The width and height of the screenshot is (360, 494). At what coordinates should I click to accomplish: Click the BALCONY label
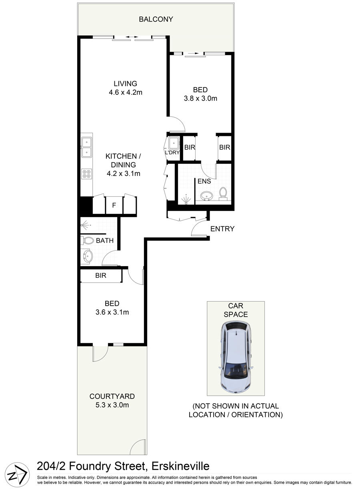156,20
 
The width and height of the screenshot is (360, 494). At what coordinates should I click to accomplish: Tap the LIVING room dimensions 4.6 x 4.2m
125,92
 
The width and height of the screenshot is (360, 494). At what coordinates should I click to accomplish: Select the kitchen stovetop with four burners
86,174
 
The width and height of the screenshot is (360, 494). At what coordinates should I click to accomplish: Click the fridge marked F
114,205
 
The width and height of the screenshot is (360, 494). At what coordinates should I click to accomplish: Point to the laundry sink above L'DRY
174,143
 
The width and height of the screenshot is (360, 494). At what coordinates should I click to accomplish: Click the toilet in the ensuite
223,193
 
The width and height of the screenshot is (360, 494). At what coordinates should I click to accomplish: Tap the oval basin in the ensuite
206,195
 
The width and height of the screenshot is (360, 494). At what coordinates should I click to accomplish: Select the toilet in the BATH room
88,240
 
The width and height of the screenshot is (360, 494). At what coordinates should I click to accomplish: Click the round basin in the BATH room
88,256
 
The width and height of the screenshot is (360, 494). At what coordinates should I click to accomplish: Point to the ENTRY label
222,229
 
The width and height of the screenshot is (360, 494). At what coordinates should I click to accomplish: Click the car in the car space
236,357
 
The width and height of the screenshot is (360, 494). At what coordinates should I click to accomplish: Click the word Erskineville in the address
180,466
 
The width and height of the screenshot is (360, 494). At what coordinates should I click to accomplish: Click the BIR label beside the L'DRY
190,147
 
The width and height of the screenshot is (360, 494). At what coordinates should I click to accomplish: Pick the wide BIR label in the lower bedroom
101,275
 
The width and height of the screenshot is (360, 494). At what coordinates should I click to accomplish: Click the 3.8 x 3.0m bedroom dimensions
200,98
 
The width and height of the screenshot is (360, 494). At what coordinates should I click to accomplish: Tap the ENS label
204,181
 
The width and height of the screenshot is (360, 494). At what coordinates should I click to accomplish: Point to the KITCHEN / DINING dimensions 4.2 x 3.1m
123,173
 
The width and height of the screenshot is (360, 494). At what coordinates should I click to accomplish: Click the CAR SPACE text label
236,310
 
